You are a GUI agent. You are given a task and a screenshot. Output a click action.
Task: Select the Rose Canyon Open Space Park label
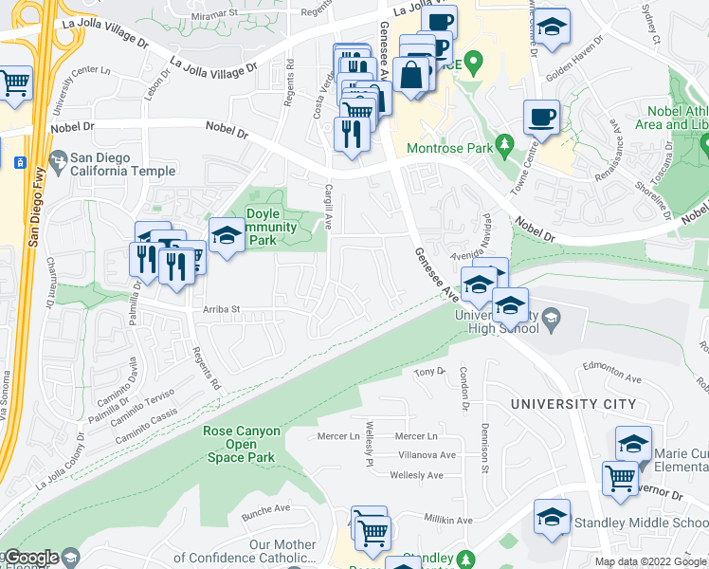click(x=242, y=444)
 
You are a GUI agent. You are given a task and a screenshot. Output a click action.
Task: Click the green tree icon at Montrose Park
click(x=506, y=145)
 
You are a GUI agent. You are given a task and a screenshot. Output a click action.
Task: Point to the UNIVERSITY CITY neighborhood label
click(x=573, y=404)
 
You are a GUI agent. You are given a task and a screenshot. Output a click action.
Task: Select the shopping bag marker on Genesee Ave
click(x=412, y=75)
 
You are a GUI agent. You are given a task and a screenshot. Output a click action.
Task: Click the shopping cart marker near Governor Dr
click(x=620, y=476)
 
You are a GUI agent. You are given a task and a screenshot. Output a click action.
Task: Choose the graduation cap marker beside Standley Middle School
click(x=552, y=517)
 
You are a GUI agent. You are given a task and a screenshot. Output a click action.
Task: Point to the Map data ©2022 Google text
click(x=650, y=561)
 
